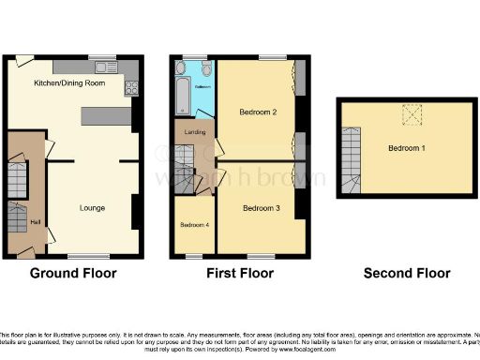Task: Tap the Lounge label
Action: point(92,207)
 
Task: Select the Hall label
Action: point(35,222)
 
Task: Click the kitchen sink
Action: point(103,67)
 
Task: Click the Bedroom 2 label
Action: point(258,112)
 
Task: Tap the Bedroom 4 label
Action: point(194,225)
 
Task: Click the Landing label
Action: point(196,132)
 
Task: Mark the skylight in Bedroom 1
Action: point(410,114)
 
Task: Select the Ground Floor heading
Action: point(73,274)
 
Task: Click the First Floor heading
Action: point(240,274)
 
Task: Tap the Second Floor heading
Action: point(407,274)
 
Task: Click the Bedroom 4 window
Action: point(194,254)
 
